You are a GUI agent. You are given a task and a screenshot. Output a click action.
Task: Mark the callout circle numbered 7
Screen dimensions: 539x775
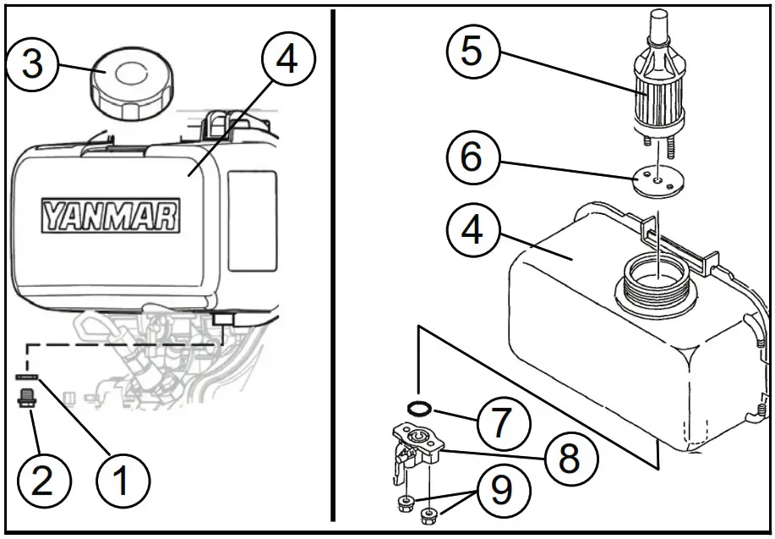coord(501,420)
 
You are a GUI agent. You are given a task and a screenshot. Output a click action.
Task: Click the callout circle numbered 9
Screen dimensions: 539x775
coord(501,492)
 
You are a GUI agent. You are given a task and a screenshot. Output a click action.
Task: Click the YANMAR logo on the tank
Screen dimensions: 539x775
coord(111,216)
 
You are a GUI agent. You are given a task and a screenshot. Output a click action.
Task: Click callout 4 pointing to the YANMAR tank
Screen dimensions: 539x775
coord(287,61)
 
